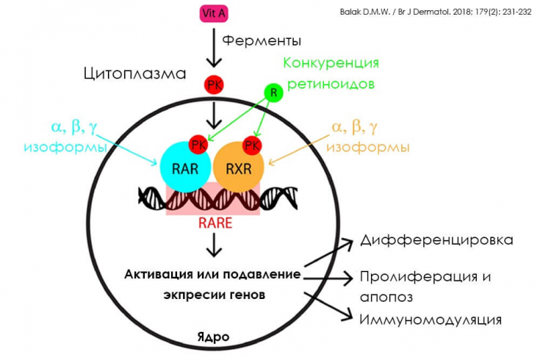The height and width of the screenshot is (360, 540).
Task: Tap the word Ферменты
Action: pyautogui.click(x=262, y=40)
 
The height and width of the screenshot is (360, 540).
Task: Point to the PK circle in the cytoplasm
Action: pyautogui.click(x=214, y=84)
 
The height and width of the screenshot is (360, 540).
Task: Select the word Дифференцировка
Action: pyautogui.click(x=436, y=240)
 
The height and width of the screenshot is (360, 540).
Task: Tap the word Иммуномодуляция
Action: pyautogui.click(x=431, y=320)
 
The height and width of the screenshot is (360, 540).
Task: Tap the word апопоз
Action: pyautogui.click(x=386, y=298)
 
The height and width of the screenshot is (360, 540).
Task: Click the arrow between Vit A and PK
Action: pyautogui.click(x=214, y=48)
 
